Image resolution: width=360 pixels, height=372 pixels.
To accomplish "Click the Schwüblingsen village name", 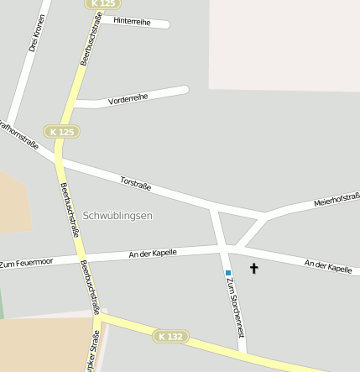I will tap(117, 216).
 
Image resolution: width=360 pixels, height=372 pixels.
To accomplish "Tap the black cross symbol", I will tap(254, 269).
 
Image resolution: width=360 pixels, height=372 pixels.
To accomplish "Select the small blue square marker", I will tap(227, 273).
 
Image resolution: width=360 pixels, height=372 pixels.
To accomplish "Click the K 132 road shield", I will tap(170, 337).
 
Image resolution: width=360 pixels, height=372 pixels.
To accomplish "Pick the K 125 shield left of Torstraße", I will tap(62, 132).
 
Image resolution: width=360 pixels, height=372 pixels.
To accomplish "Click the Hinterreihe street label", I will tap(132, 21).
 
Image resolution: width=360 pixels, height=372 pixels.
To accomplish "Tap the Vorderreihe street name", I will tap(128, 99).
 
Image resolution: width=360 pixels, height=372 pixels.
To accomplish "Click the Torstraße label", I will tap(134, 181).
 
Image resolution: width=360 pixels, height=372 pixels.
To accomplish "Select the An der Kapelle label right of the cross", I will tap(328, 266).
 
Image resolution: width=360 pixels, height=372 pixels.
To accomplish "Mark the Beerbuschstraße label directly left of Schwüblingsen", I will tap(70, 210).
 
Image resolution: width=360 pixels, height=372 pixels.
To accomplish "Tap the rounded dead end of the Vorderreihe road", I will tap(184, 89).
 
